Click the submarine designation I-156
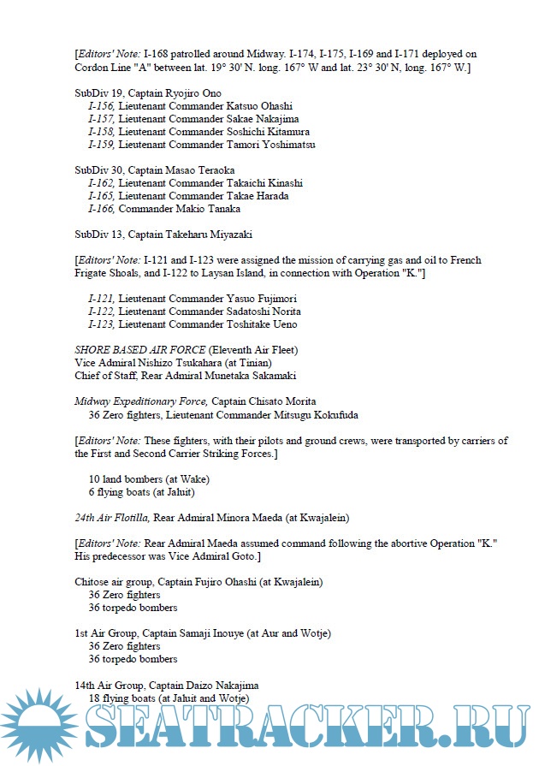point(101,106)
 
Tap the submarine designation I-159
point(101,145)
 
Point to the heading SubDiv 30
point(98,170)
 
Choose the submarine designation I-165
point(101,196)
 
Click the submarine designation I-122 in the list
point(101,312)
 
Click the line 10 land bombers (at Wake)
point(149,478)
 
